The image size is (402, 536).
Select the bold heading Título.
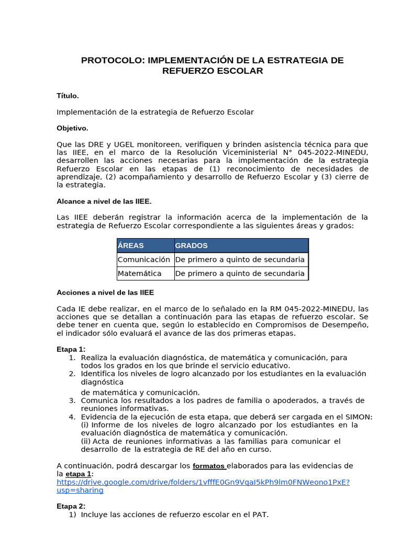click(68, 96)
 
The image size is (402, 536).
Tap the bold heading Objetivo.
click(72, 128)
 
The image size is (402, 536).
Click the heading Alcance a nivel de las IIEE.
click(104, 202)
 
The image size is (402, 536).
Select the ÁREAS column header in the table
click(131, 245)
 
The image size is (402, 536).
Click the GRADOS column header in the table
click(191, 245)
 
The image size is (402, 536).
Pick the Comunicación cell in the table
click(144, 260)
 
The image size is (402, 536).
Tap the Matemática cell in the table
click(139, 273)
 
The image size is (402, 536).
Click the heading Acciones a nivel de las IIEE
click(105, 293)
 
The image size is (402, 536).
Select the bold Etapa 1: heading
click(71, 349)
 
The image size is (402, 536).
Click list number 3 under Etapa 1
click(72, 400)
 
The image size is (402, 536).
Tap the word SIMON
click(359, 417)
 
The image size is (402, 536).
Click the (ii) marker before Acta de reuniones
click(86, 441)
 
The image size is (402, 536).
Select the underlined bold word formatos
click(209, 466)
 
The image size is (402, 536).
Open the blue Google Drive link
click(203, 482)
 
